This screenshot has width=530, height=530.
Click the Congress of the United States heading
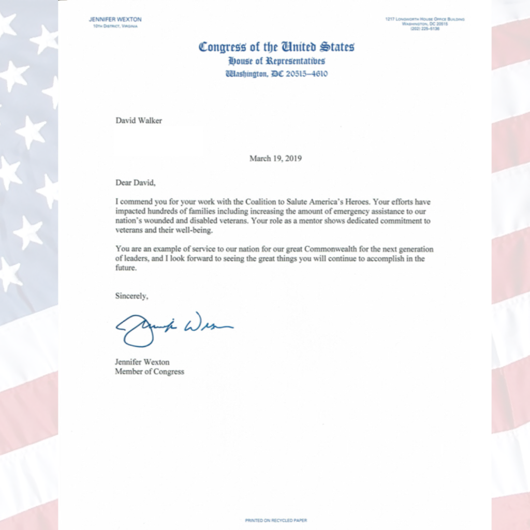point(277,47)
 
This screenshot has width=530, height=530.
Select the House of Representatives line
point(277,61)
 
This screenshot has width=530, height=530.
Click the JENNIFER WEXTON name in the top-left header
point(115,20)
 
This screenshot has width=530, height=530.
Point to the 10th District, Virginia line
point(115,26)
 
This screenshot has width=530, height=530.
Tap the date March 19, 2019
point(275,158)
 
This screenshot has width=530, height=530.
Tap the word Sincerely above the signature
point(131,296)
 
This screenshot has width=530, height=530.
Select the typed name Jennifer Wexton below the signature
point(142,362)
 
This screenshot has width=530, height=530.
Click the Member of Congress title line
point(149,371)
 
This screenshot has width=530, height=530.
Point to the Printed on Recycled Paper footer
point(276,520)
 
